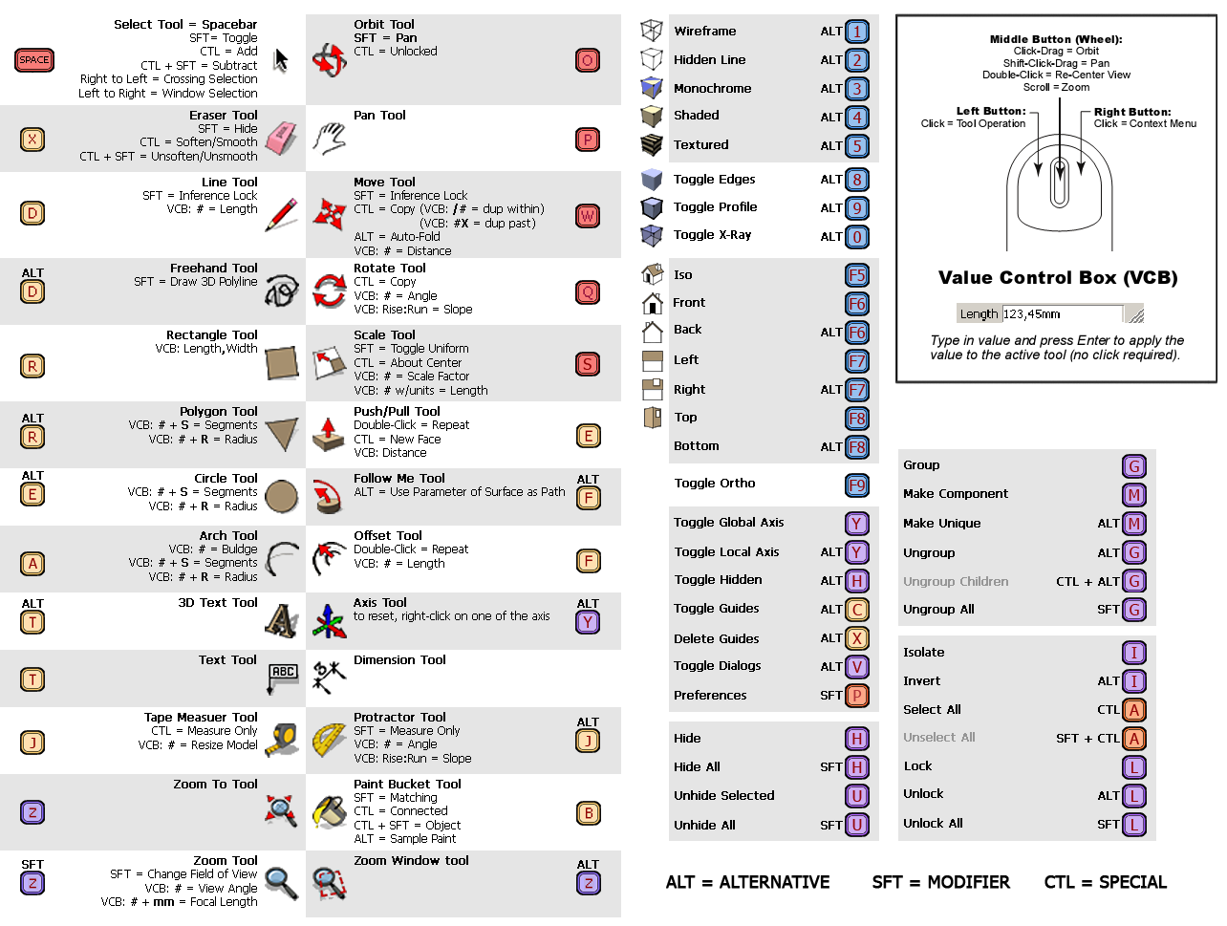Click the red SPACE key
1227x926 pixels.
coord(34,60)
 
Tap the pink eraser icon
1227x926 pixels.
coord(281,138)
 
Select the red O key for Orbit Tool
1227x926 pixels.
coord(588,61)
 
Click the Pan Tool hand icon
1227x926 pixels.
coord(330,139)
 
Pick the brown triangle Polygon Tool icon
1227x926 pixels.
coord(282,434)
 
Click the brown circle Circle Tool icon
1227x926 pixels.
coord(282,496)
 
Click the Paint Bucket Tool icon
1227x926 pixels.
coord(330,811)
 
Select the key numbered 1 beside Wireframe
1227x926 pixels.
coord(857,32)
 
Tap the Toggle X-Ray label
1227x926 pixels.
coord(712,235)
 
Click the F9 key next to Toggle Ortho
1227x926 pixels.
coord(857,485)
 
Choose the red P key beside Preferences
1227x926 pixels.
coord(857,696)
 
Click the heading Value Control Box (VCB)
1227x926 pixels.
coord(1057,278)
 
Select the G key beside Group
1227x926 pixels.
coord(1134,466)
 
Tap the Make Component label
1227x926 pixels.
coord(955,494)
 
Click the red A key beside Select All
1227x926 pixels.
coord(1134,710)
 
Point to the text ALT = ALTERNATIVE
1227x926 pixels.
coord(747,882)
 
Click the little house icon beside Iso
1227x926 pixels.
coord(653,274)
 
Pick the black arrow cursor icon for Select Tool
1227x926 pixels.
coord(280,60)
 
